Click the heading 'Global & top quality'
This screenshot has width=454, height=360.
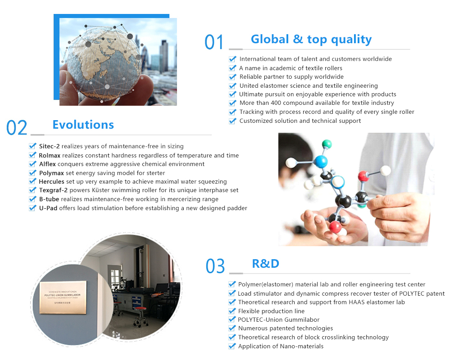coord(311,40)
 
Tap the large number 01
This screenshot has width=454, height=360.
coord(214,42)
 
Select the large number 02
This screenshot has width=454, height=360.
coord(17,128)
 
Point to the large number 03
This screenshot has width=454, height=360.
coord(215,266)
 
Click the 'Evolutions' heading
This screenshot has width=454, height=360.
coord(83,125)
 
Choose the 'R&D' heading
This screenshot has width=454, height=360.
coord(266,264)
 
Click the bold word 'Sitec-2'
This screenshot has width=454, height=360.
coord(50,146)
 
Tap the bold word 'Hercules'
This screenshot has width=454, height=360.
coord(51,181)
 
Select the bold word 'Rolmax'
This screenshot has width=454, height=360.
coord(50,155)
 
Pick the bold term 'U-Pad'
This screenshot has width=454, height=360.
coord(48,208)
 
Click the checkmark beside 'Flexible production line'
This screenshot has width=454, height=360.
coord(232,311)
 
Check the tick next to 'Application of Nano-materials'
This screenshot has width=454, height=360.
coord(232,346)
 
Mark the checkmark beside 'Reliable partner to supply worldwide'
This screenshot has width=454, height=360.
coord(233,76)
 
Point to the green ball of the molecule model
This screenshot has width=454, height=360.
coord(327,143)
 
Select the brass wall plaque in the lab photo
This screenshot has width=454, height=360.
coord(63,297)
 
